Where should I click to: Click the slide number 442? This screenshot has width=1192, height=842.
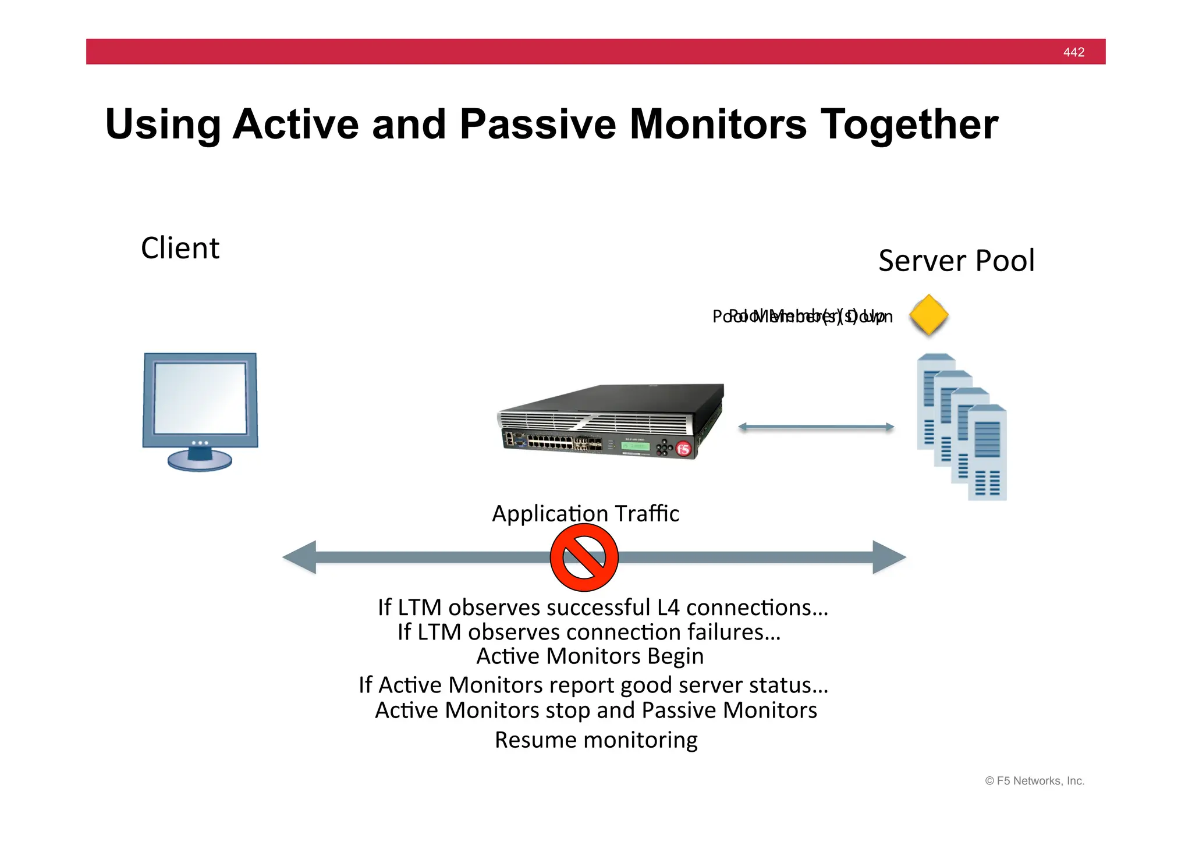[1073, 52]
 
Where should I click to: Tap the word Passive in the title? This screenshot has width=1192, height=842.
[537, 125]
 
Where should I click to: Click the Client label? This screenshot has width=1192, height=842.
[180, 248]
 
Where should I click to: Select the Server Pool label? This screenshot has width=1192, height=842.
[956, 261]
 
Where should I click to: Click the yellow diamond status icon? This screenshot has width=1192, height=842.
[928, 315]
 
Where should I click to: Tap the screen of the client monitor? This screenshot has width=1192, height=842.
[200, 398]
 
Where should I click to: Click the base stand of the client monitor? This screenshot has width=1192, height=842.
[200, 461]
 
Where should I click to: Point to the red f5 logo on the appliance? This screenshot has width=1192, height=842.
[683, 449]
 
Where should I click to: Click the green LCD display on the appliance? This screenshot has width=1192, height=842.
[634, 446]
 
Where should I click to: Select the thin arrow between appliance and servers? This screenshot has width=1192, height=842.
[815, 427]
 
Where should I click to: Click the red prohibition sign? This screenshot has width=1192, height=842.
[584, 557]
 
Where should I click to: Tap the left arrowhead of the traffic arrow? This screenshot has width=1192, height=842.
[300, 557]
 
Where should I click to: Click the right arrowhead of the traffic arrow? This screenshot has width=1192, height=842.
[889, 557]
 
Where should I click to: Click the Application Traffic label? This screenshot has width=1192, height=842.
[585, 514]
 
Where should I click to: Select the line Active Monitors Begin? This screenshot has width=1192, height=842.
[590, 656]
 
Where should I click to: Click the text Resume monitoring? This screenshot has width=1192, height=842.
[596, 740]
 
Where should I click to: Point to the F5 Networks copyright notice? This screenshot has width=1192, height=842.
[1034, 781]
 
